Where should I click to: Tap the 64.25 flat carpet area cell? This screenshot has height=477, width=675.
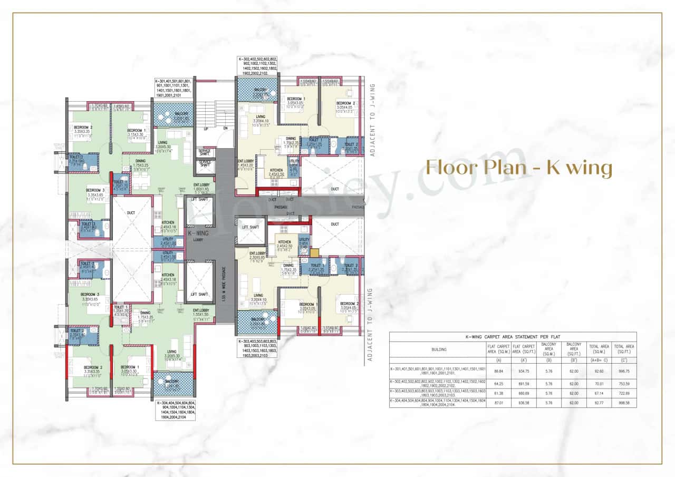pos(498,383)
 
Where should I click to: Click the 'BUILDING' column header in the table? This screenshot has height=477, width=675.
pos(439,349)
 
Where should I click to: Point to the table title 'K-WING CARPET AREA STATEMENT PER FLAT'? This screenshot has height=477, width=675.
pos(513,336)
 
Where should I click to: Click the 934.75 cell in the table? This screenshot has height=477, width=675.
pos(523,371)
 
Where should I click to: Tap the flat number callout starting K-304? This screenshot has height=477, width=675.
pos(175,411)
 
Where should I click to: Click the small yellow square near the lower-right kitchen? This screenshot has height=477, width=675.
pos(315,252)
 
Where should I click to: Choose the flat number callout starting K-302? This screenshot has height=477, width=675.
pos(258,66)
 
